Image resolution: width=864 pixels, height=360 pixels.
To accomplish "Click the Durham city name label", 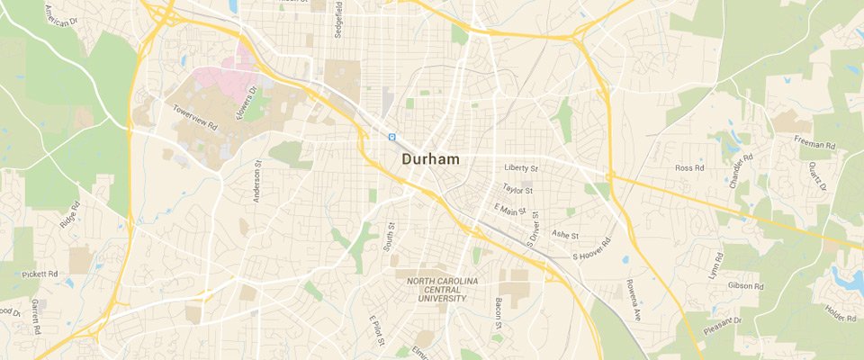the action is [x=430, y=159].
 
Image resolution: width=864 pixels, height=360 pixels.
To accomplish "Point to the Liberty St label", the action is [x=521, y=168].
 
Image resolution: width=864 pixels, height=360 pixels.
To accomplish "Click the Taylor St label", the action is [x=518, y=190].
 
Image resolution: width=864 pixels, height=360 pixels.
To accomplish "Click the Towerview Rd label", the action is [x=195, y=118].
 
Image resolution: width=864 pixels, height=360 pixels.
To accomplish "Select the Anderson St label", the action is [x=256, y=183].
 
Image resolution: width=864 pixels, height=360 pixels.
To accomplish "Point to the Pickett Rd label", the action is [x=41, y=273].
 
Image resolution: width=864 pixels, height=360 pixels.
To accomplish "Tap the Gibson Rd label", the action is [x=746, y=285].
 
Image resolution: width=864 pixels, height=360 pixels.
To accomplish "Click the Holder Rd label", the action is [x=840, y=313].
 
